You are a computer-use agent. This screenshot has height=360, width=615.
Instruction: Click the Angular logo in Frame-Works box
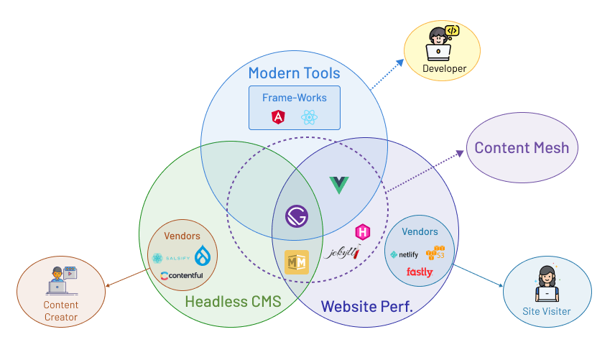click(277, 116)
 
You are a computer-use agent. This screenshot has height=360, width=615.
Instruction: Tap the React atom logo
click(310, 116)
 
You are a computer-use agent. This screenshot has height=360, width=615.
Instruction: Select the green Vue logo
click(338, 185)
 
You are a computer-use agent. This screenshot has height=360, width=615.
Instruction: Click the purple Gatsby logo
click(297, 216)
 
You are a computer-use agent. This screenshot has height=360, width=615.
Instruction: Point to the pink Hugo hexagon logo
click(363, 231)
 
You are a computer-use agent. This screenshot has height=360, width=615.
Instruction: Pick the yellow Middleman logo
click(296, 262)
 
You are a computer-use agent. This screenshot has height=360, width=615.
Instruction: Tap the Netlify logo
click(404, 254)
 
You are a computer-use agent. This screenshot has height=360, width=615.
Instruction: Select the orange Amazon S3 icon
click(435, 254)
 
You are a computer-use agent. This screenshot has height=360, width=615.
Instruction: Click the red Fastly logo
click(419, 272)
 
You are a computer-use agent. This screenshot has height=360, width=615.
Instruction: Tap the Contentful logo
click(182, 275)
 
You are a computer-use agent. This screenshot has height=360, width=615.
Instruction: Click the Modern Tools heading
click(294, 73)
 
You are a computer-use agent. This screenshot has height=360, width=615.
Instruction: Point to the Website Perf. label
click(366, 307)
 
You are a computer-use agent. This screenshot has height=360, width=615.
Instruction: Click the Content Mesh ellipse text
click(522, 148)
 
